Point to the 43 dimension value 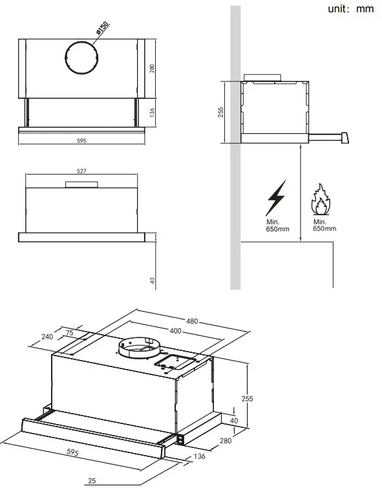tap(153, 281)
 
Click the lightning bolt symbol tap(276, 197)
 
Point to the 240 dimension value tap(47, 337)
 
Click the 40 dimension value tap(234, 421)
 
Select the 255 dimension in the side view tap(220, 112)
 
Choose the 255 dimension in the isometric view tap(246, 399)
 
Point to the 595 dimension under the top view tap(81, 140)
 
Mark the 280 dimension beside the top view tap(153, 69)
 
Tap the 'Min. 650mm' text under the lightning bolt tap(278, 225)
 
